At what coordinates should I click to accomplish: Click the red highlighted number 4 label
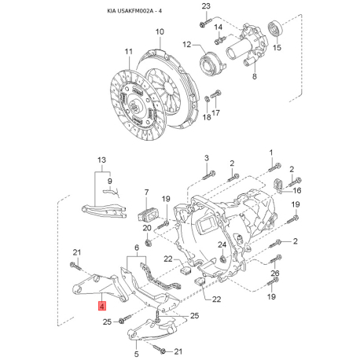pos(101,306)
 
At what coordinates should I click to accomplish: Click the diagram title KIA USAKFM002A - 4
pos(134,11)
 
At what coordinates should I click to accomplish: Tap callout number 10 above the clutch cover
pos(160,31)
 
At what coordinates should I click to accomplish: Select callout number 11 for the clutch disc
pos(129,52)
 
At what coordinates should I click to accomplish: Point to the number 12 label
pos(187,45)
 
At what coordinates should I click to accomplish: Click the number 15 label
pos(277,47)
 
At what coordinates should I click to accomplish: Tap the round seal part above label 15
pos(275,28)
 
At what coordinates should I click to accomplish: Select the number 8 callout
pos(255,76)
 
